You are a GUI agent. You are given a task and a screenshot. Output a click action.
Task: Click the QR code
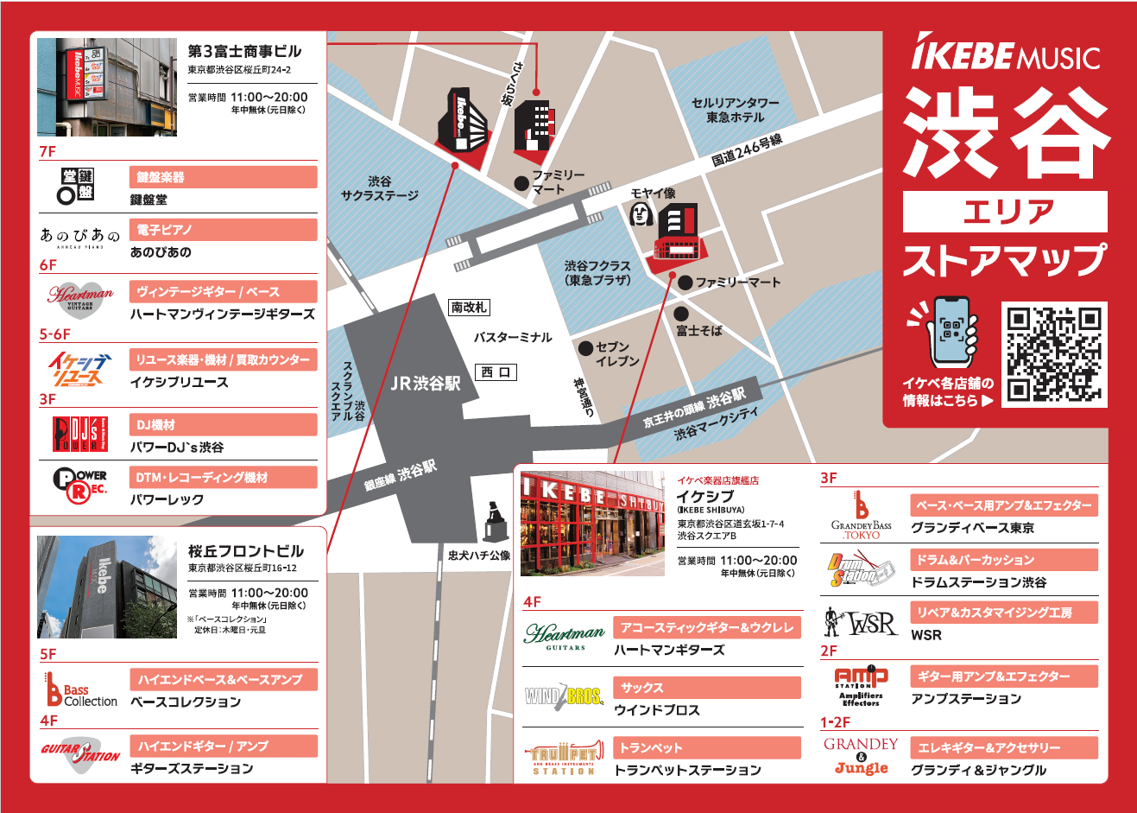tap(1054, 354)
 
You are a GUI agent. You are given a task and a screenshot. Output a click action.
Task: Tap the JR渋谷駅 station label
tap(426, 384)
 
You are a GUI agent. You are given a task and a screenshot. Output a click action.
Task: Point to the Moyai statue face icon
tap(640, 213)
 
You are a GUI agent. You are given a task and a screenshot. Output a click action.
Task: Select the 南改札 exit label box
tap(469, 308)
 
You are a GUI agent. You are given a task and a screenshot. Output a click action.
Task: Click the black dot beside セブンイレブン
tap(586, 348)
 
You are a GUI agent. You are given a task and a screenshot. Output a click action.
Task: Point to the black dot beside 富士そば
tap(681, 314)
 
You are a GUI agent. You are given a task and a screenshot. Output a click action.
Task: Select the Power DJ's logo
tap(80, 435)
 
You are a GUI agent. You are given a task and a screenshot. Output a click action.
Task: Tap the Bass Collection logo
tap(81, 689)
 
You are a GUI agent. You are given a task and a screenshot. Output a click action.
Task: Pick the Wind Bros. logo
tap(564, 695)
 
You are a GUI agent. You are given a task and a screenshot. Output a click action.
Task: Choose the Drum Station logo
tap(862, 570)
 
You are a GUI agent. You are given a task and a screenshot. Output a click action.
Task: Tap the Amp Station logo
tap(861, 686)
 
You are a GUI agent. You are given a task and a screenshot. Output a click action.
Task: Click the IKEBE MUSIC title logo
tap(1006, 55)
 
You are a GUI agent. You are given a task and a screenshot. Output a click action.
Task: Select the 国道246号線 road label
tap(747, 150)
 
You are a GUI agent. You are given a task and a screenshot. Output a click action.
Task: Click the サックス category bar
tap(707, 688)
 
